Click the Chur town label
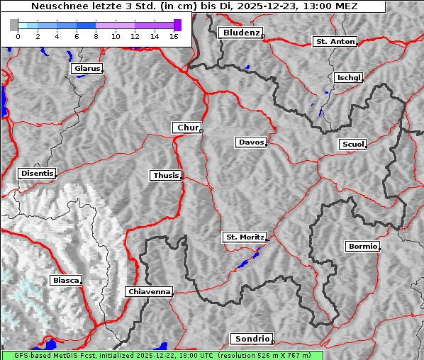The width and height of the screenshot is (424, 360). tap(187, 128)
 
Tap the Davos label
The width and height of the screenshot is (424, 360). tap(250, 142)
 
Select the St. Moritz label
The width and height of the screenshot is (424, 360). tap(244, 237)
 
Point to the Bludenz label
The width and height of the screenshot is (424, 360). tap(240, 33)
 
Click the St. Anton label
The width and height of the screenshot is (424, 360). tap(334, 42)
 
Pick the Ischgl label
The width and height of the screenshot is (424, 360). tap(348, 77)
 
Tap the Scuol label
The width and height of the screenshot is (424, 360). tap(352, 145)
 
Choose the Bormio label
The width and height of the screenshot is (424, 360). tap(362, 247)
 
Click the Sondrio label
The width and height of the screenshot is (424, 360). tap(251, 339)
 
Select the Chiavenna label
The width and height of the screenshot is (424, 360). tap(149, 291)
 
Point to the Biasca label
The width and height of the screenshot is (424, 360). tap(65, 281)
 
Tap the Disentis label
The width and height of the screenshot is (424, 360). tap(36, 173)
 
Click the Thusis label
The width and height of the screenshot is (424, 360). tap(165, 175)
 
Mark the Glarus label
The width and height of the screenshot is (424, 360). tap(86, 69)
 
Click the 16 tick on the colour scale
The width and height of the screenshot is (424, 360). tap(173, 35)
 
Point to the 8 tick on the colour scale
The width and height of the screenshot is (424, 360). tap(96, 35)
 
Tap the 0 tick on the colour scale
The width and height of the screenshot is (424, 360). tap(18, 35)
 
